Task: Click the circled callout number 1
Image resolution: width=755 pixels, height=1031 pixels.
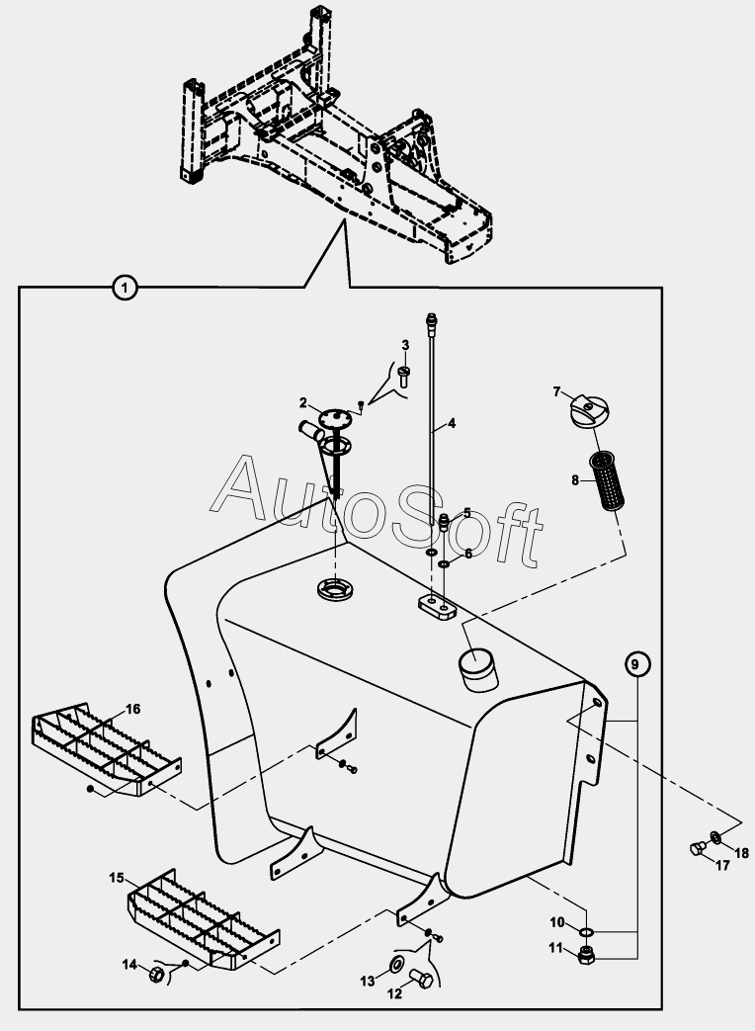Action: (x=125, y=288)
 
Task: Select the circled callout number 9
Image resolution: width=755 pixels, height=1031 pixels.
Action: (x=634, y=664)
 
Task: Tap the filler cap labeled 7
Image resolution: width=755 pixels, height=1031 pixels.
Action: (x=589, y=411)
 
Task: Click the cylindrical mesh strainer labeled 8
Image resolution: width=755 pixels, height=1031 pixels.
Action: (x=607, y=478)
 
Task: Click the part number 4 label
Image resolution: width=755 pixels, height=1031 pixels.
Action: (x=452, y=423)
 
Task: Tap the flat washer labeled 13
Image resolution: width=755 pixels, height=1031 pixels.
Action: (x=397, y=965)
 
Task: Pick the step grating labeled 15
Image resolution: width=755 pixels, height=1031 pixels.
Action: (x=203, y=919)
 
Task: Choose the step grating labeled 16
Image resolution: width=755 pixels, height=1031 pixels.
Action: (x=107, y=749)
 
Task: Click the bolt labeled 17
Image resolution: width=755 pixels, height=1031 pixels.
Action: (x=699, y=848)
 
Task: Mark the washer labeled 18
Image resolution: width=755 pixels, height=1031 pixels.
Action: (x=714, y=837)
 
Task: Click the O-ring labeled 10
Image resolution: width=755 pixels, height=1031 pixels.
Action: (x=587, y=932)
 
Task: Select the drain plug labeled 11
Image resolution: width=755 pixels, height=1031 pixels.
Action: (x=586, y=956)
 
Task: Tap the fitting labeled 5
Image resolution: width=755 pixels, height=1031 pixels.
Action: (x=444, y=523)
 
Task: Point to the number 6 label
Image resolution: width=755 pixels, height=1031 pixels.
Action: (x=467, y=554)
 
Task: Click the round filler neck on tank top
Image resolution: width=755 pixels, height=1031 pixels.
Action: (x=479, y=668)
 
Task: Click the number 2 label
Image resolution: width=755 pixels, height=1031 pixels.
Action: (x=303, y=402)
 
